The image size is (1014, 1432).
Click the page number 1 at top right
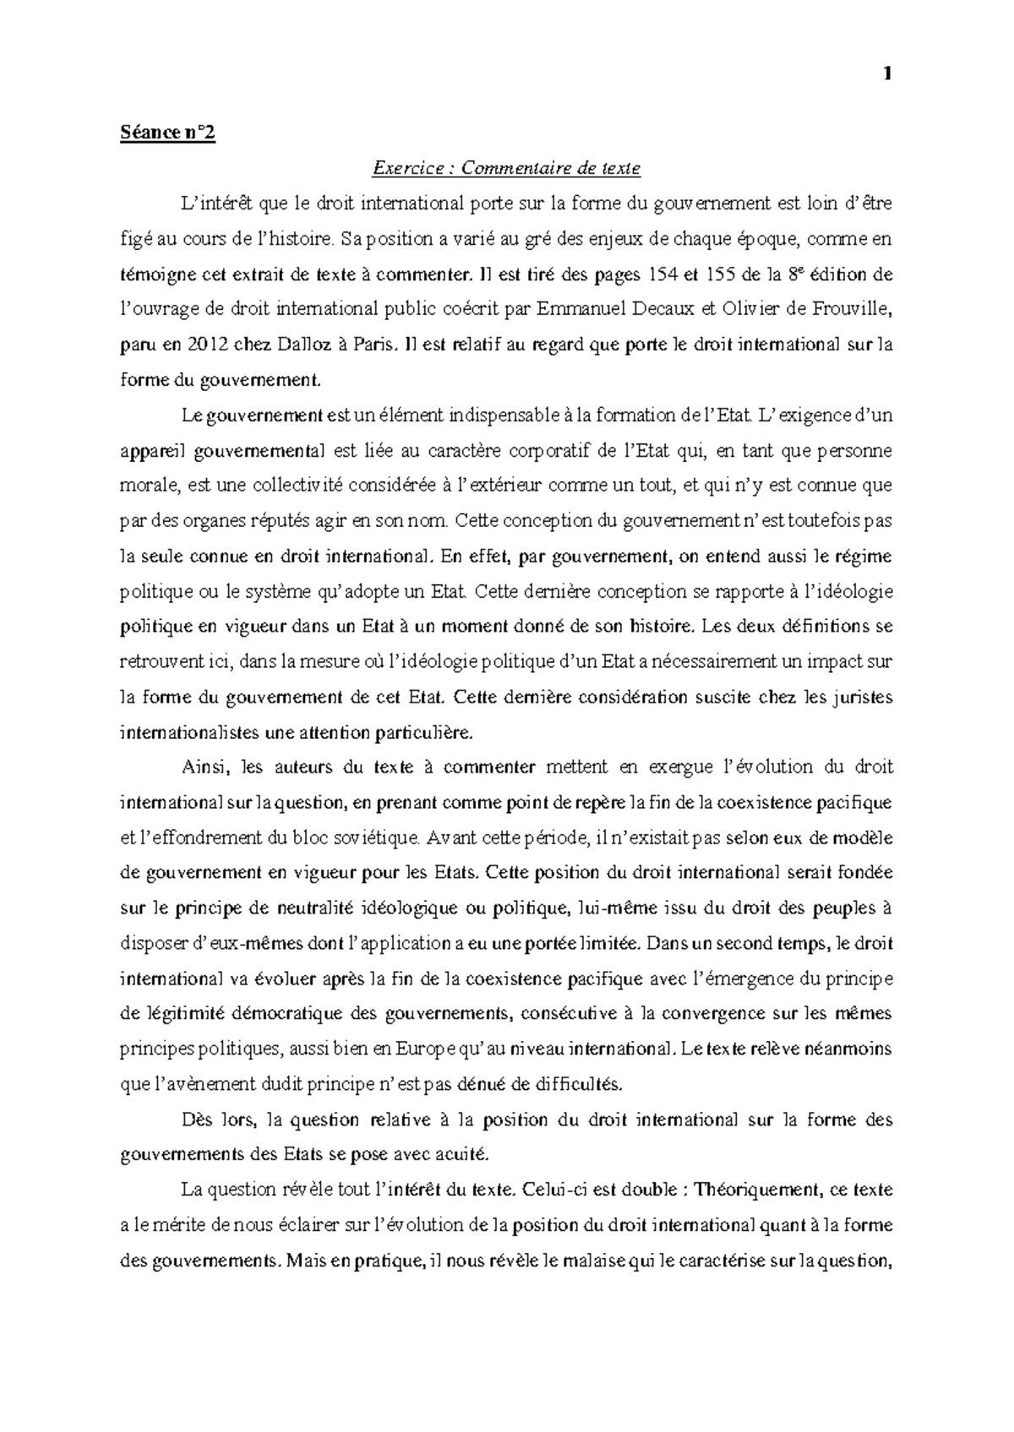(x=886, y=74)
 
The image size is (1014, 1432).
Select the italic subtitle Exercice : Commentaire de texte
(x=507, y=169)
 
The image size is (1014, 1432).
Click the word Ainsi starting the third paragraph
(x=205, y=768)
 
